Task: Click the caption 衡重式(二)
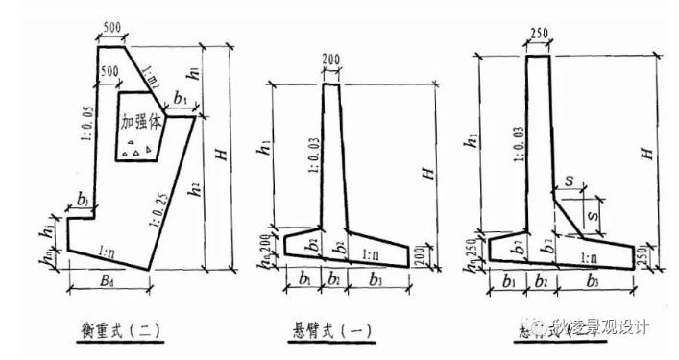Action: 118,330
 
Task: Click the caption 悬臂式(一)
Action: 332,330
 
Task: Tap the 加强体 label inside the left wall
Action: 142,123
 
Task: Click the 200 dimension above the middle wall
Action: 332,60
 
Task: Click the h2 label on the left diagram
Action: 196,188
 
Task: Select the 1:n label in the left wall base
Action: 109,252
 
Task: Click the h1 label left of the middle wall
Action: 263,150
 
